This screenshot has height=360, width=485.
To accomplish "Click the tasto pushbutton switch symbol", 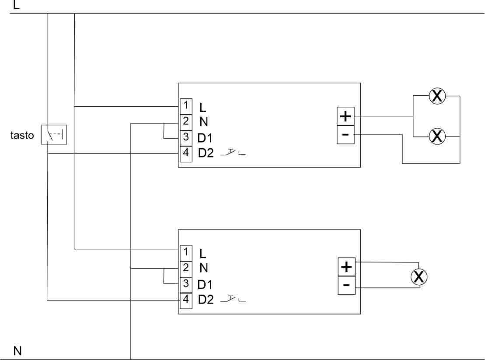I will (x=54, y=134).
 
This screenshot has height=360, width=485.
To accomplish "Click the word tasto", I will (x=22, y=135).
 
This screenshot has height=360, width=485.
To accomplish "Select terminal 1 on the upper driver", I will (x=186, y=105).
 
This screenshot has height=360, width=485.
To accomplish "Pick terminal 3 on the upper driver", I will (x=186, y=137).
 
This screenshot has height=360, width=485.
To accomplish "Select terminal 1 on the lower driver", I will (x=186, y=252).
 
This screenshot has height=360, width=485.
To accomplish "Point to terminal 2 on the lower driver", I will (x=186, y=268).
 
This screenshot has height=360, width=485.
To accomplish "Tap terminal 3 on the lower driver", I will (x=186, y=284).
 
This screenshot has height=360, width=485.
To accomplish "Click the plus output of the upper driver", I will (x=345, y=116).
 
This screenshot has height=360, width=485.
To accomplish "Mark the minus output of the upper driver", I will (x=345, y=134).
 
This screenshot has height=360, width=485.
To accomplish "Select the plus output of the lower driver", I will (x=346, y=267).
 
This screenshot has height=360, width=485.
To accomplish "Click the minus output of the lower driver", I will (x=346, y=285).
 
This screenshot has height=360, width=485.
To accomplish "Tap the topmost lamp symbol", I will (x=436, y=96).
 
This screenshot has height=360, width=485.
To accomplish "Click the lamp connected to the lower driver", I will (x=419, y=276).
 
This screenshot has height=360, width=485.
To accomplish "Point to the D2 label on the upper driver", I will (x=206, y=154).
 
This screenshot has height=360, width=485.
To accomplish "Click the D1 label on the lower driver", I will (x=205, y=284).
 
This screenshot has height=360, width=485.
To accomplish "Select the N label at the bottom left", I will (x=18, y=351).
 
